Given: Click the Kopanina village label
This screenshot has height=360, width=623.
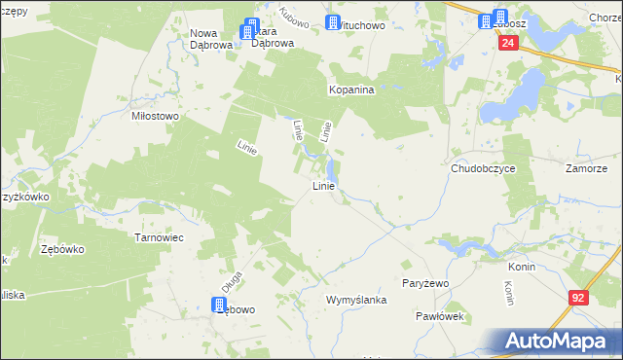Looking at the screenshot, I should (350, 89).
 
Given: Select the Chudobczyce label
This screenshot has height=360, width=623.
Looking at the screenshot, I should (483, 168).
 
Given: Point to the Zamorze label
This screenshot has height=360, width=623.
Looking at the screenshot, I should (587, 168).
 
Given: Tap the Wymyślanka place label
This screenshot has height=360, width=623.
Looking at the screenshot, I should (356, 300).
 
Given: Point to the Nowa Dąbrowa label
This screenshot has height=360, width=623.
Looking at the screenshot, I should (210, 38).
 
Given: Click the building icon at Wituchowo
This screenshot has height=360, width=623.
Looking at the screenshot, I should (334, 23).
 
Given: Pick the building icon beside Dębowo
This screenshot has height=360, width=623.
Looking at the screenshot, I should (220, 306).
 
